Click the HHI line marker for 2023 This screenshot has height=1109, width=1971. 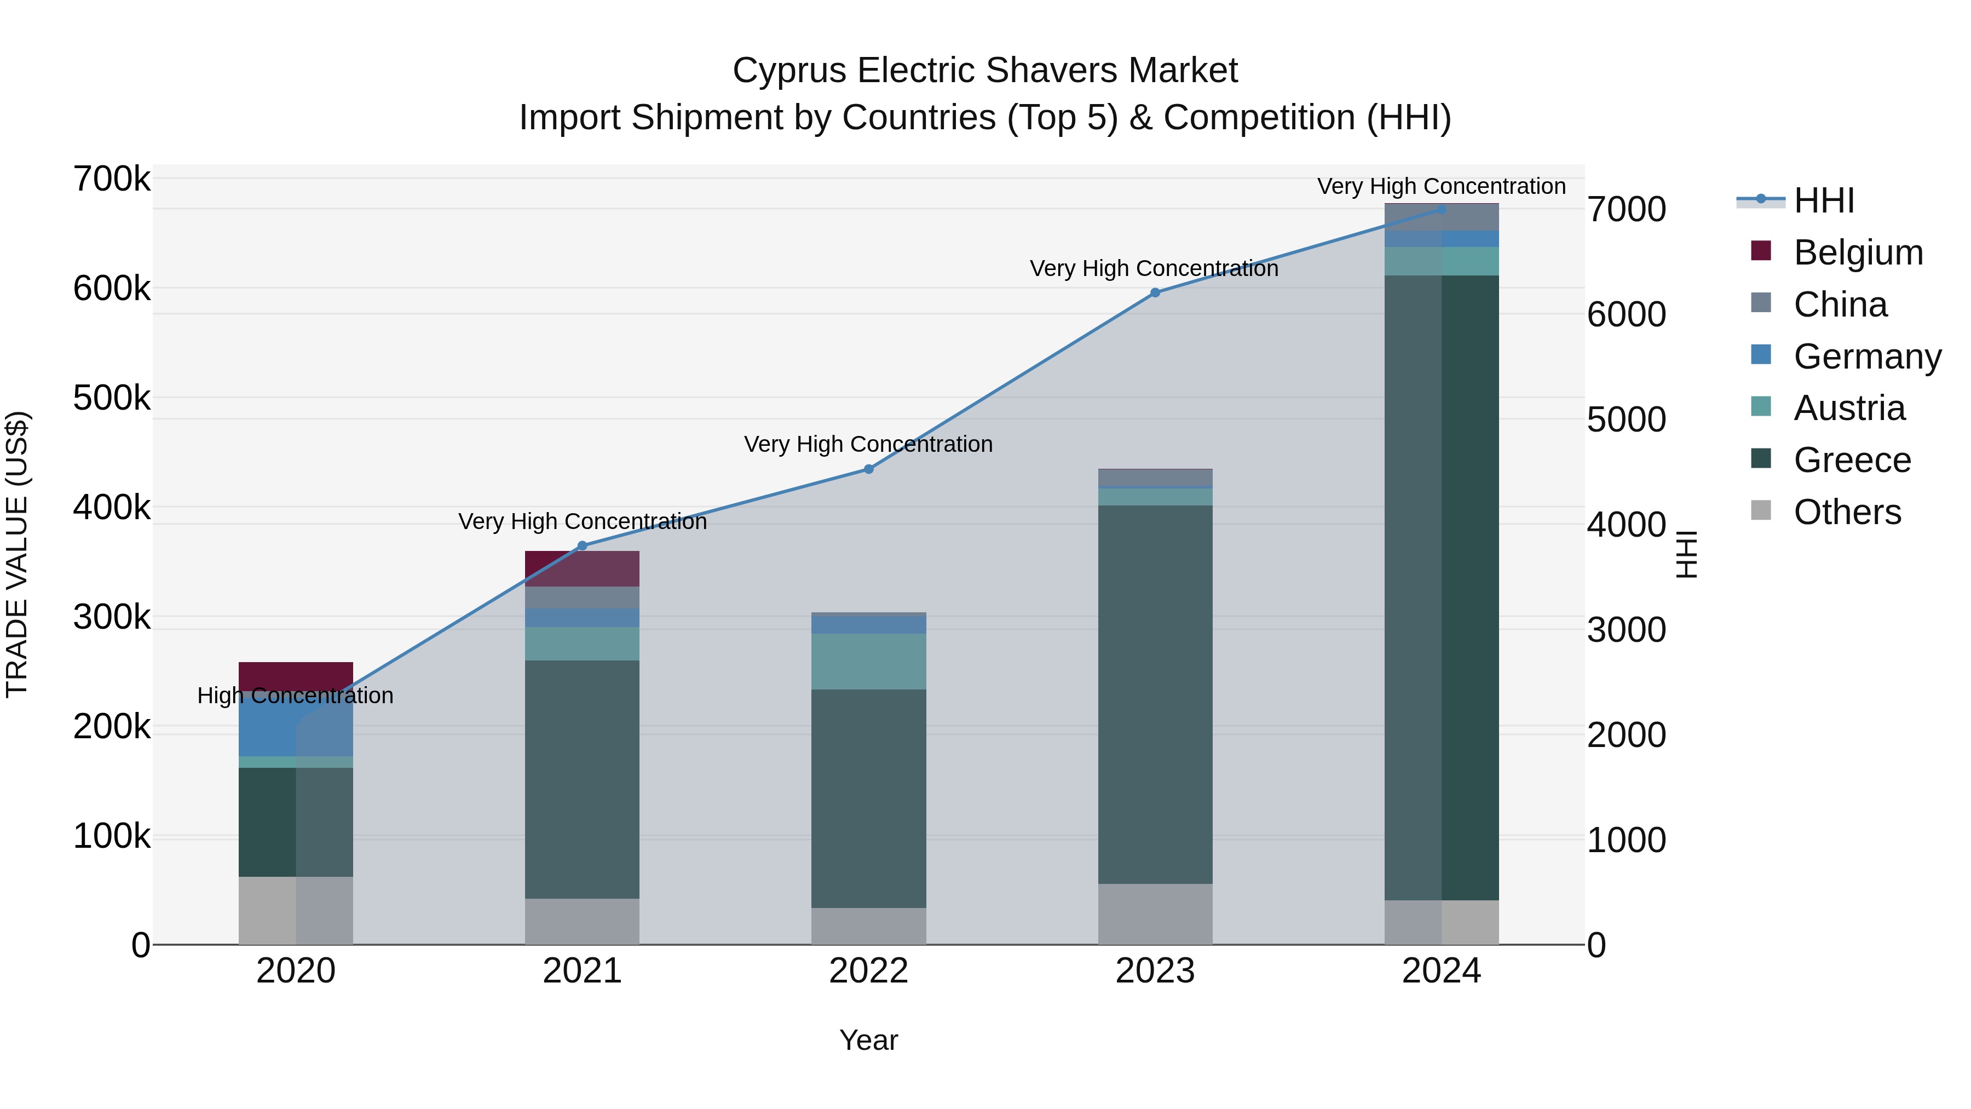1155,292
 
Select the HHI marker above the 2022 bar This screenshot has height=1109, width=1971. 868,469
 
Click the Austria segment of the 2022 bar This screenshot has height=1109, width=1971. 868,661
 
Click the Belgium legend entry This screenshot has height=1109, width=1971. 1857,252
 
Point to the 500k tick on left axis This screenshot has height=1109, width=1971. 112,398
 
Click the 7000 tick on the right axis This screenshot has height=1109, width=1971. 1626,210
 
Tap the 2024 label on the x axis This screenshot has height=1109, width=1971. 1441,971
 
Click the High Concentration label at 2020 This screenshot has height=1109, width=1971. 295,696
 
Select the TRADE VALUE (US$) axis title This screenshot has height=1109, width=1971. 17,554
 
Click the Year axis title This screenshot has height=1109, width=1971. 868,1040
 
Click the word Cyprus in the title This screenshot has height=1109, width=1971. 789,71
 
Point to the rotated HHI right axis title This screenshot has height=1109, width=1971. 1686,554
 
